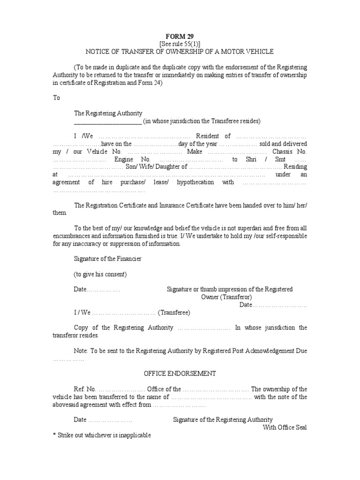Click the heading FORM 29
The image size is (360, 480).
pyautogui.click(x=180, y=36)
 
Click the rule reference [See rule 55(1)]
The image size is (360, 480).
pyautogui.click(x=180, y=44)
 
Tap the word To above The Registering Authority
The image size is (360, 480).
pyautogui.click(x=57, y=98)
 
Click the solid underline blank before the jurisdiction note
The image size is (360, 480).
pyautogui.click(x=108, y=121)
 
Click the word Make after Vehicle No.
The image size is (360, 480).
pyautogui.click(x=195, y=152)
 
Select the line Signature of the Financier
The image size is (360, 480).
pyautogui.click(x=108, y=259)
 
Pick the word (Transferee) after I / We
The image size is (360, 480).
pyautogui.click(x=174, y=312)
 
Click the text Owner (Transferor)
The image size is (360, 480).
pyautogui.click(x=226, y=297)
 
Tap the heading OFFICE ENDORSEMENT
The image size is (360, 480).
pyautogui.click(x=180, y=374)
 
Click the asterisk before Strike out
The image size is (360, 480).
pyautogui.click(x=54, y=435)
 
